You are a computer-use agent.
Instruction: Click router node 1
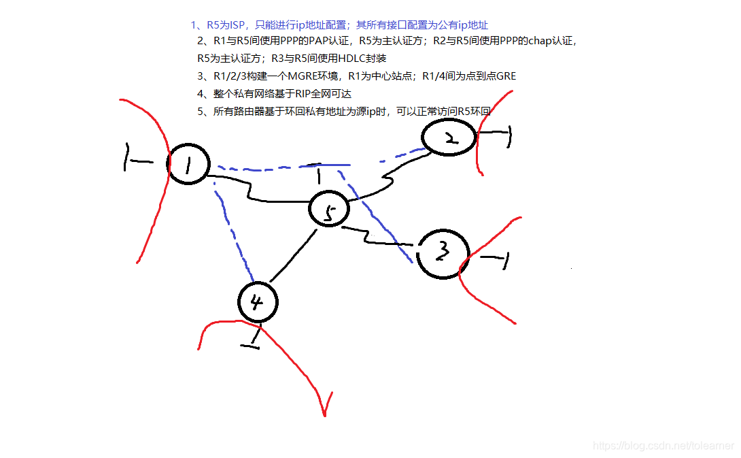point(188,164)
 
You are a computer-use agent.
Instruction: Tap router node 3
point(443,253)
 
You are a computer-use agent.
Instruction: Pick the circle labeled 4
point(258,301)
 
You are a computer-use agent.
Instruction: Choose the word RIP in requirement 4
point(305,94)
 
